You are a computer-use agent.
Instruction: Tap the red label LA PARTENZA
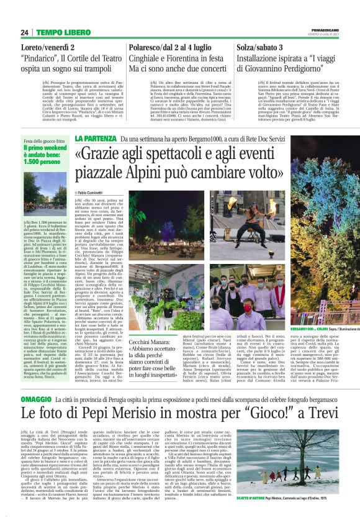click(94, 139)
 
